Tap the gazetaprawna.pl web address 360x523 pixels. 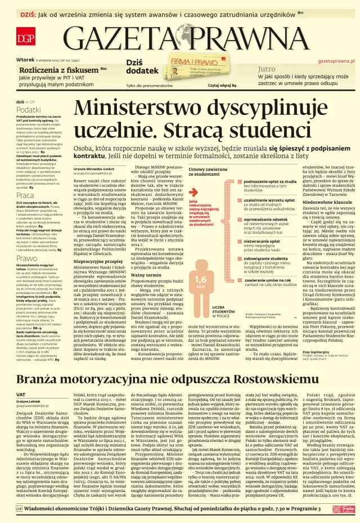coord(336,60)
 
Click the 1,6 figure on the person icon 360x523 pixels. coord(201,279)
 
